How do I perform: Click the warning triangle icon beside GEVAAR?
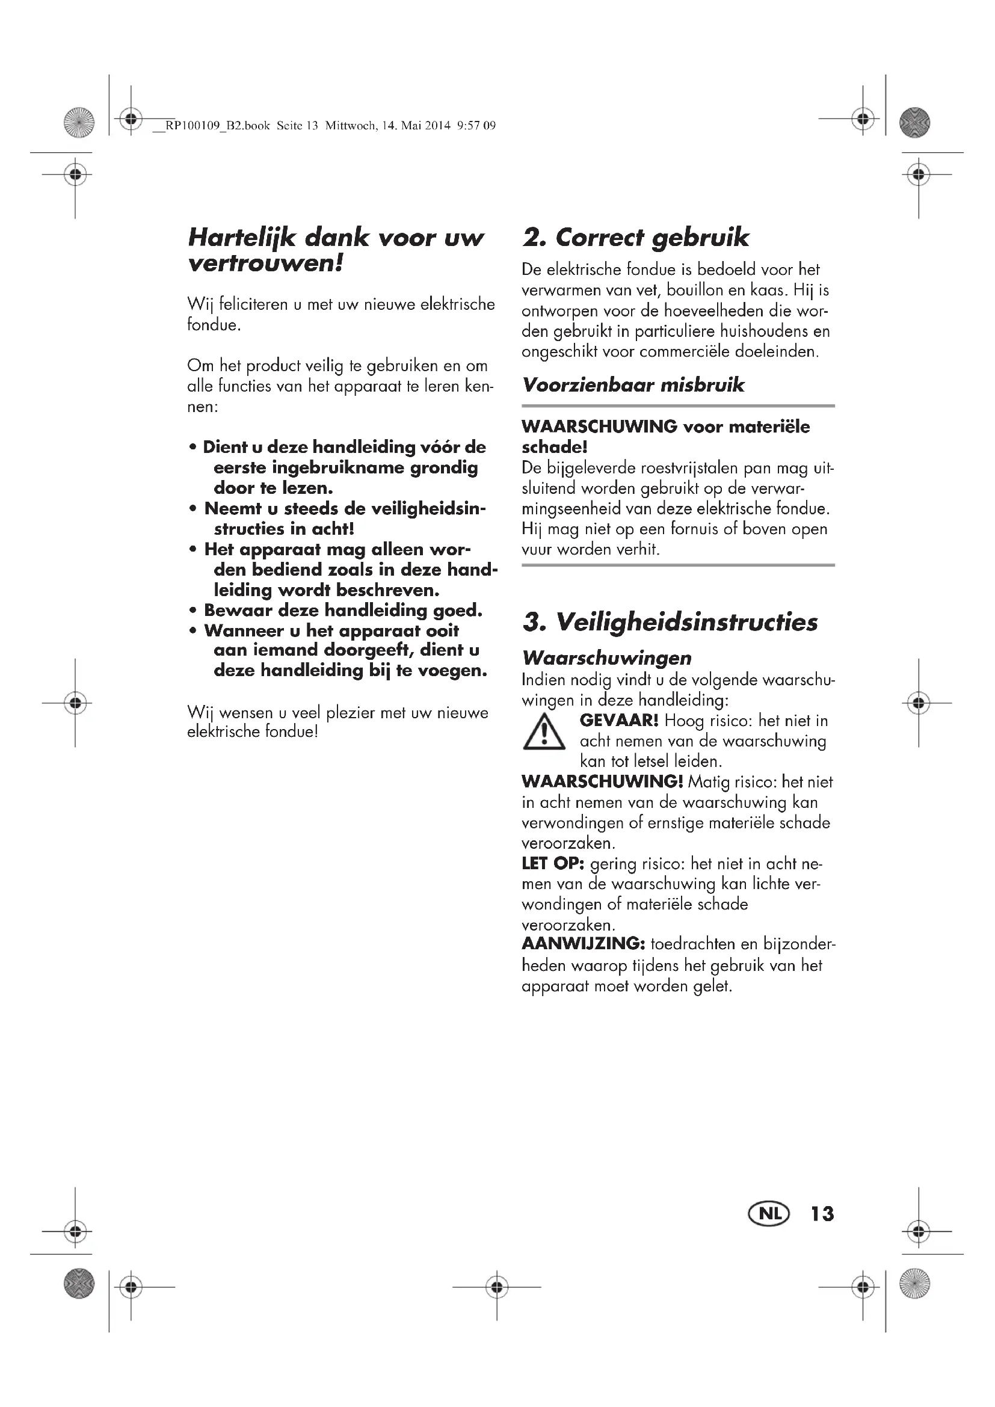click(x=544, y=733)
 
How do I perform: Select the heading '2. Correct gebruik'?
click(x=635, y=238)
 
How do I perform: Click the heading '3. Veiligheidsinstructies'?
click(x=670, y=622)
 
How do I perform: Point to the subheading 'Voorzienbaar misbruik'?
click(x=633, y=385)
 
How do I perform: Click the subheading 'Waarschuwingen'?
click(x=606, y=658)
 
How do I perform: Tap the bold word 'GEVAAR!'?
click(x=619, y=721)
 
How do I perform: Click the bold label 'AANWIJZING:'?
click(x=584, y=944)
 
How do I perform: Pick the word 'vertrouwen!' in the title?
click(x=265, y=264)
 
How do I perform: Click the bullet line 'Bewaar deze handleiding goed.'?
click(x=343, y=611)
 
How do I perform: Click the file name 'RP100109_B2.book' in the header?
click(x=218, y=126)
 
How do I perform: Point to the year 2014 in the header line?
click(x=438, y=126)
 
